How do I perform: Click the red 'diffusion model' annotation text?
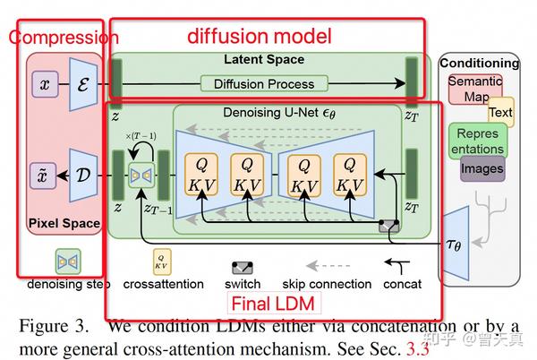coord(260,37)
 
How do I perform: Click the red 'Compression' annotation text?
coord(63,38)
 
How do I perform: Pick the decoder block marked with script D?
coord(82,174)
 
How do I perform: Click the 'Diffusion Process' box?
coord(264,84)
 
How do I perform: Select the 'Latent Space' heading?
coord(263,60)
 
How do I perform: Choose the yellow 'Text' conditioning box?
coord(500,113)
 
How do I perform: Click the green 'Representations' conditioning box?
coord(477,139)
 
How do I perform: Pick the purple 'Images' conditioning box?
coord(482,168)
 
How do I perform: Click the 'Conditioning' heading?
coord(480,64)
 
